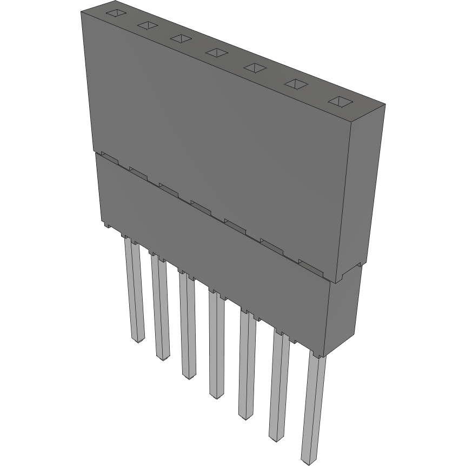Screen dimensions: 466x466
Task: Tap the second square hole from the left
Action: point(147,25)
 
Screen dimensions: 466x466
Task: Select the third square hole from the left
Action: point(180,38)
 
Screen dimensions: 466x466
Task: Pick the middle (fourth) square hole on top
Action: point(216,52)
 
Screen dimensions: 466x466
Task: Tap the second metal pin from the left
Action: point(160,308)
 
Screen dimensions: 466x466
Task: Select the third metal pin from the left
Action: point(187,327)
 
